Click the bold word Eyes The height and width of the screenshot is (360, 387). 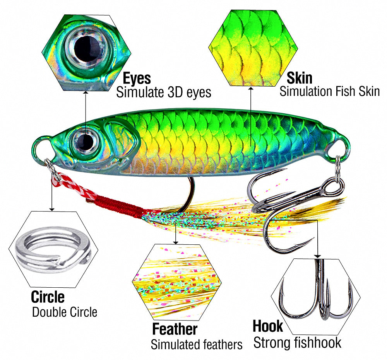(x=137, y=78)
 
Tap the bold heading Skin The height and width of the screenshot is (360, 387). (x=300, y=78)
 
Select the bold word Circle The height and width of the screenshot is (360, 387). (x=48, y=297)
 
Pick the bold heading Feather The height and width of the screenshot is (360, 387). (x=175, y=329)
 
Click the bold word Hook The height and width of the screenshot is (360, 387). (x=268, y=326)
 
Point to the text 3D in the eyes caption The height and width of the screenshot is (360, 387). (x=175, y=92)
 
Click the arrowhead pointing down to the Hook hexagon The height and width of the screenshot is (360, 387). (x=318, y=256)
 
